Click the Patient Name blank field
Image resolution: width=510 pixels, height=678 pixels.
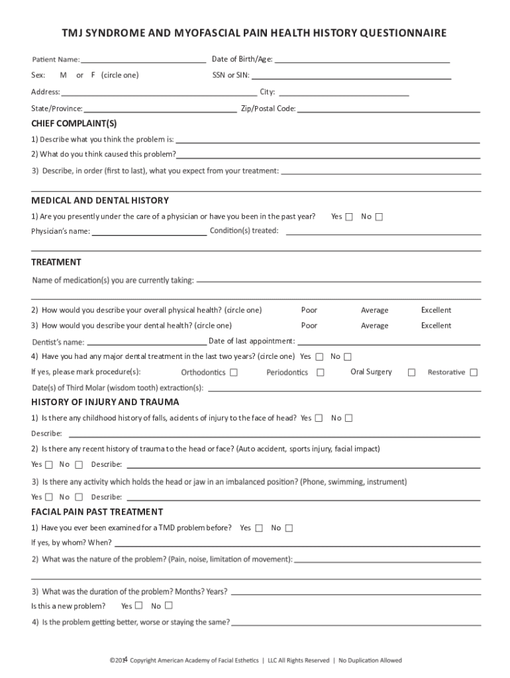pyautogui.click(x=143, y=60)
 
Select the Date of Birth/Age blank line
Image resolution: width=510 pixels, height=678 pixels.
pyautogui.click(x=362, y=60)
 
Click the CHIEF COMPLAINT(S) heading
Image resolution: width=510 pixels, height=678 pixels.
pyautogui.click(x=74, y=124)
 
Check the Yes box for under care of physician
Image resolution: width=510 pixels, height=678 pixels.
pyautogui.click(x=349, y=217)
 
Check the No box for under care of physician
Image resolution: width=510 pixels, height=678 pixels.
pyautogui.click(x=379, y=217)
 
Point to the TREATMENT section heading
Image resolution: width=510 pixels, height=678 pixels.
pyautogui.click(x=56, y=262)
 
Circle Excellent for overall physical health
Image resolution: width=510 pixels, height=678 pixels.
pyautogui.click(x=436, y=310)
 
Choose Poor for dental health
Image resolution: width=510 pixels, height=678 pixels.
pyautogui.click(x=309, y=326)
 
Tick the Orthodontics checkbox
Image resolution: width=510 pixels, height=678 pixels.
pyautogui.click(x=234, y=373)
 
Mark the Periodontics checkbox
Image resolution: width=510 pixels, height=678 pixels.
pyautogui.click(x=321, y=373)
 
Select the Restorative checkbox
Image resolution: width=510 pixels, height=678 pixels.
pyautogui.click(x=474, y=373)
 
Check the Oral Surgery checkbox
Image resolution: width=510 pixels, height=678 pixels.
pyautogui.click(x=411, y=373)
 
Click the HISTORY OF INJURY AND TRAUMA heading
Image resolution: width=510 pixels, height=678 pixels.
pyautogui.click(x=105, y=402)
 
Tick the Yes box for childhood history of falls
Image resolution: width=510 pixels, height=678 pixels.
pyautogui.click(x=319, y=418)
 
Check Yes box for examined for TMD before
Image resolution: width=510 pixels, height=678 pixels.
pyautogui.click(x=259, y=528)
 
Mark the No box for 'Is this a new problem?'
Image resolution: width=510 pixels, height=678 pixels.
pyautogui.click(x=169, y=605)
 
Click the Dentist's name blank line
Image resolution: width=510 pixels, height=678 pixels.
pyautogui.click(x=146, y=344)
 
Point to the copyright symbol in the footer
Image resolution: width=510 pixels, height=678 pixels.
pyautogui.click(x=112, y=660)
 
